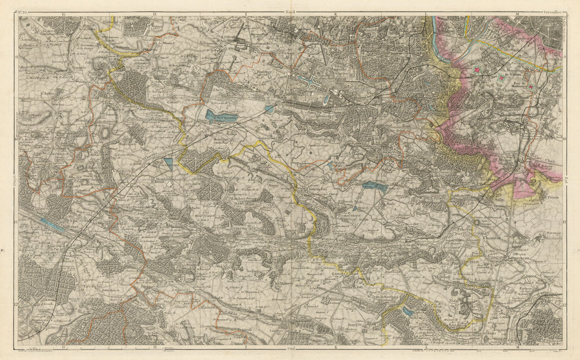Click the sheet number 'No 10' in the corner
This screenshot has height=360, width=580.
[25, 12]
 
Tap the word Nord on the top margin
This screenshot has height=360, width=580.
[289, 12]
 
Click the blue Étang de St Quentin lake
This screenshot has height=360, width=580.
[216, 115]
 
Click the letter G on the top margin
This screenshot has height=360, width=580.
[63, 12]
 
